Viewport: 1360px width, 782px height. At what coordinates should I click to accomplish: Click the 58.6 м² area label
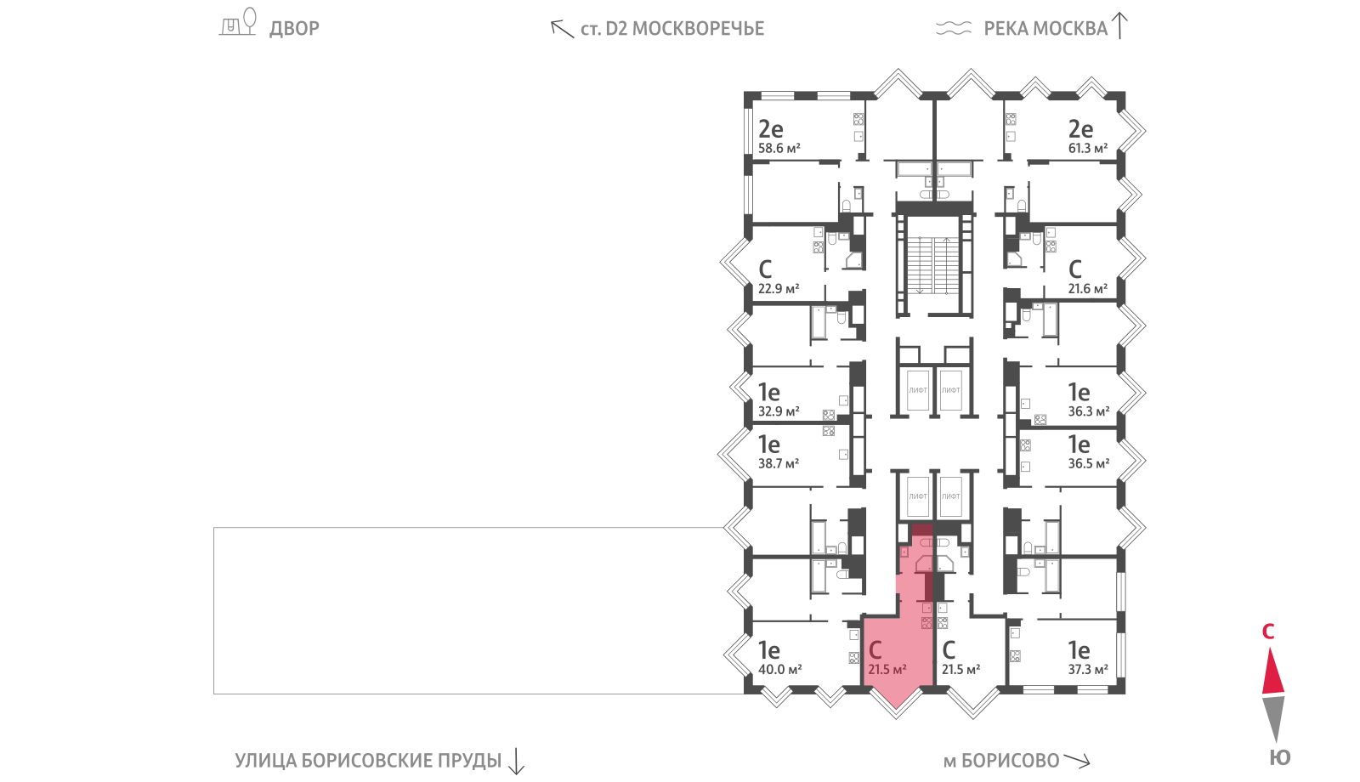pyautogui.click(x=779, y=148)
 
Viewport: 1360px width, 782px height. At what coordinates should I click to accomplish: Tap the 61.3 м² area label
pyautogui.click(x=1088, y=148)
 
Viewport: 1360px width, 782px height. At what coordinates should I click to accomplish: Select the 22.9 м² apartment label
pyautogui.click(x=779, y=289)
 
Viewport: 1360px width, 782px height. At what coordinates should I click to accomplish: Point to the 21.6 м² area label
pyautogui.click(x=1088, y=289)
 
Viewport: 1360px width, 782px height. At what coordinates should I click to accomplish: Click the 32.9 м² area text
pyautogui.click(x=779, y=411)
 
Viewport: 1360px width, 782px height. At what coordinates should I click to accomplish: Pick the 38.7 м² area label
pyautogui.click(x=779, y=464)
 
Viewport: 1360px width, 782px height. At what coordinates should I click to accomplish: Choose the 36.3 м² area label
pyautogui.click(x=1089, y=411)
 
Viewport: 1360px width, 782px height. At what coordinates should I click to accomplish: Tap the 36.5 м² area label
pyautogui.click(x=1089, y=464)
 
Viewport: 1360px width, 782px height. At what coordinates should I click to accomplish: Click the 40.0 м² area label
pyautogui.click(x=779, y=670)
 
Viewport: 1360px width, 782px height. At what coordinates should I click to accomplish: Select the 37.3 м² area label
pyautogui.click(x=1088, y=670)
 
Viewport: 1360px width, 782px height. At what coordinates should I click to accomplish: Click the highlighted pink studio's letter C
pyautogui.click(x=875, y=650)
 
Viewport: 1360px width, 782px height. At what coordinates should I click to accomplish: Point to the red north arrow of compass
pyautogui.click(x=1273, y=671)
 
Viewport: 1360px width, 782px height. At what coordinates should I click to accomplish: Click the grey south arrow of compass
pyautogui.click(x=1273, y=718)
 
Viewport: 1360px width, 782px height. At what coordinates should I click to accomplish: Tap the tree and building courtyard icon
pyautogui.click(x=238, y=22)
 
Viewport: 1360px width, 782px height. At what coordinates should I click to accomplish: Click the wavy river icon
pyautogui.click(x=954, y=28)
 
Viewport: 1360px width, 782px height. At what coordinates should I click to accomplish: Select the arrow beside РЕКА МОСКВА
pyautogui.click(x=1119, y=26)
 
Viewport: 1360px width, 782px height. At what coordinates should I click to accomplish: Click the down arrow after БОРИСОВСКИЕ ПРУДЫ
pyautogui.click(x=516, y=762)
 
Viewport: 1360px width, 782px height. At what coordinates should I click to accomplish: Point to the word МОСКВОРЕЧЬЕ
pyautogui.click(x=698, y=29)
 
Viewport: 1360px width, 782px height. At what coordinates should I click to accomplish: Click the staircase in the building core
pyautogui.click(x=934, y=265)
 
